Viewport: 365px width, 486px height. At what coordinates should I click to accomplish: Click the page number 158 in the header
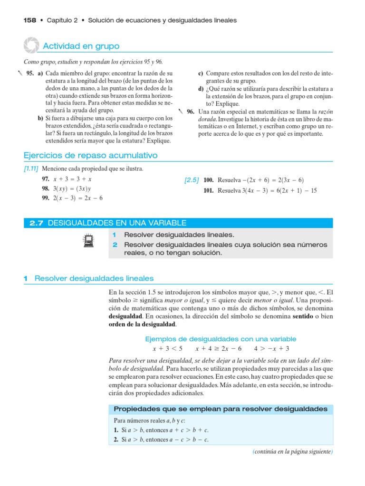point(30,20)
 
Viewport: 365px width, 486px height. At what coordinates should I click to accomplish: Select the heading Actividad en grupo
point(81,46)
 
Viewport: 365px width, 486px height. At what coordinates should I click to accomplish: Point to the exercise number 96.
point(191,112)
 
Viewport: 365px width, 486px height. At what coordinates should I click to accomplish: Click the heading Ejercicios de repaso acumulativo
point(90,156)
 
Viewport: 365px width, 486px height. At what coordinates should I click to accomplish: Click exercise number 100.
point(208,180)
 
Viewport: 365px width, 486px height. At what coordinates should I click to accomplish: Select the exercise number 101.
point(208,191)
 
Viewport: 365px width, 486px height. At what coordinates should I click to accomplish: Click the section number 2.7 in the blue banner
point(37,223)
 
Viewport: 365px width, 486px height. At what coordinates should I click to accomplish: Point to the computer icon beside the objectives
point(87,242)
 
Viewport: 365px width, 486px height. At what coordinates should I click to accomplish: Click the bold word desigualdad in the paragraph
point(125,316)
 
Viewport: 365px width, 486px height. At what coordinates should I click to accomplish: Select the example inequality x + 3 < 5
point(167,348)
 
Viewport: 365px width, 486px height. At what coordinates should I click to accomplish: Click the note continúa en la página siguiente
point(292,452)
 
